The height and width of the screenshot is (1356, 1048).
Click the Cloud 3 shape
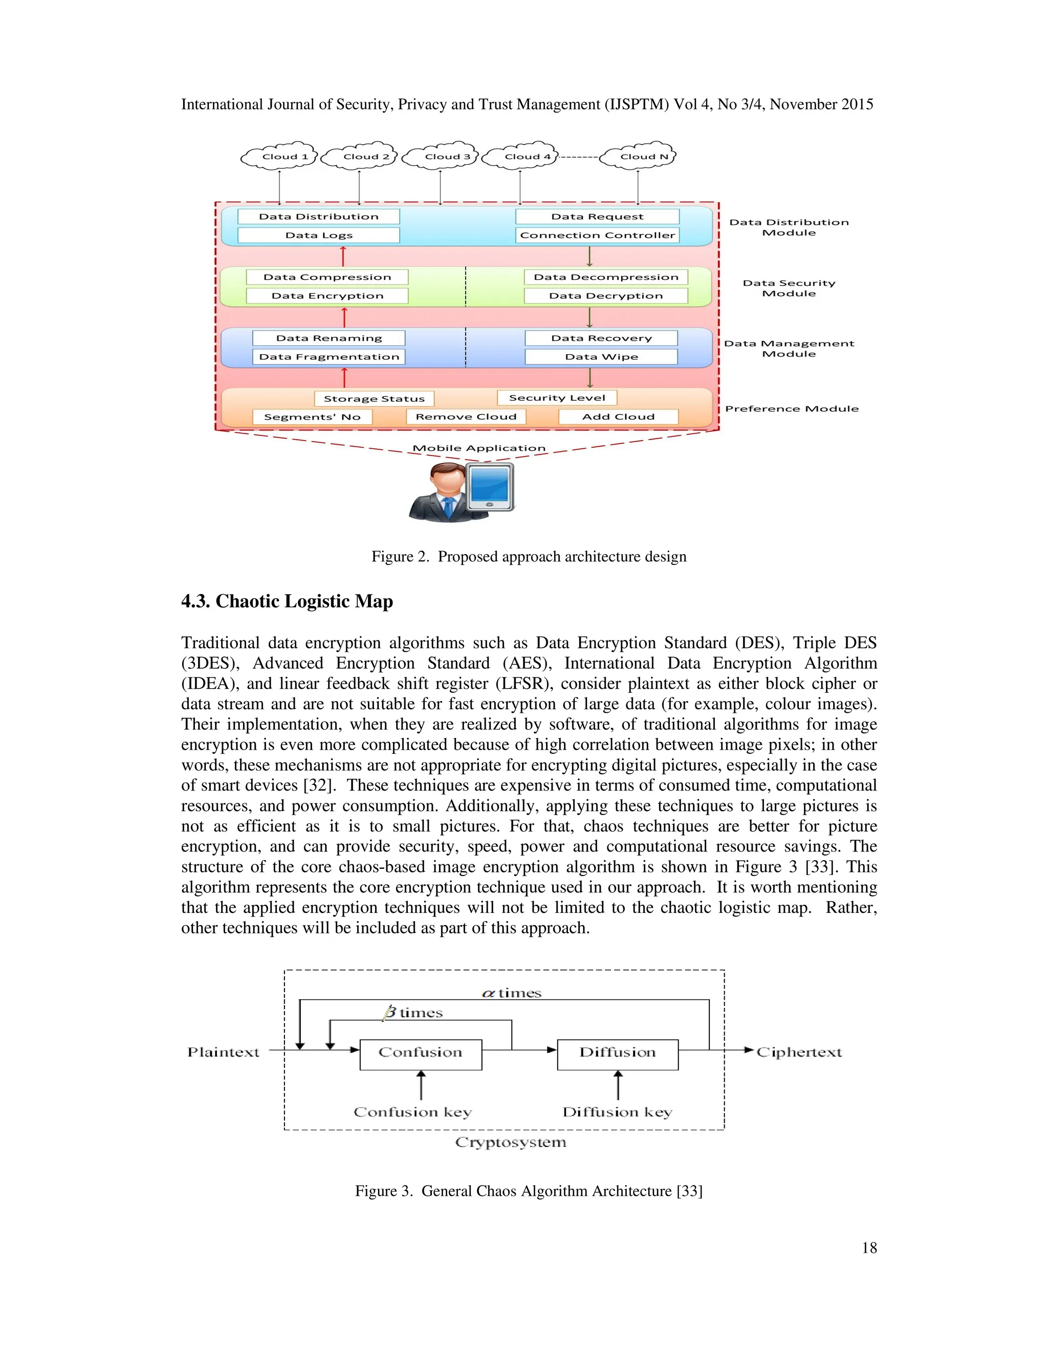pyautogui.click(x=440, y=157)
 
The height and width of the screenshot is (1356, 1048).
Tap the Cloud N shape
pyautogui.click(x=639, y=157)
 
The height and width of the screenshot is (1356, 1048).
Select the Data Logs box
pyautogui.click(x=318, y=235)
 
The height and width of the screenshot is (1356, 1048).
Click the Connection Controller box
pyautogui.click(x=597, y=235)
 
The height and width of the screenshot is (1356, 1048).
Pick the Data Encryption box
pyautogui.click(x=327, y=296)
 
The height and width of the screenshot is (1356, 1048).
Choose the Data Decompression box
pyautogui.click(x=606, y=277)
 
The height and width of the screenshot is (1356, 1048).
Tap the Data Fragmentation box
pyautogui.click(x=329, y=356)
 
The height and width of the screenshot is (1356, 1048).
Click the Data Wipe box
pyautogui.click(x=601, y=356)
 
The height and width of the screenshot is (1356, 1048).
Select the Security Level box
pyautogui.click(x=557, y=398)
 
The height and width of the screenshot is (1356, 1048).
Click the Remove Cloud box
pyautogui.click(x=466, y=417)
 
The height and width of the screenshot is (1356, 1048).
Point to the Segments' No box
pyautogui.click(x=312, y=417)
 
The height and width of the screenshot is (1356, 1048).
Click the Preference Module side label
pyautogui.click(x=792, y=408)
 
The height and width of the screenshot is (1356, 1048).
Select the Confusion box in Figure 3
pyautogui.click(x=420, y=1052)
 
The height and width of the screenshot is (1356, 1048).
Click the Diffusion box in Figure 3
pyautogui.click(x=617, y=1052)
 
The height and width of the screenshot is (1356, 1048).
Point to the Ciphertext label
pyautogui.click(x=798, y=1052)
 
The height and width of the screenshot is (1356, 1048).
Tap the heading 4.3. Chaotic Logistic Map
pyautogui.click(x=287, y=601)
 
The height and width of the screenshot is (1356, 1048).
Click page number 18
pyautogui.click(x=869, y=1248)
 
